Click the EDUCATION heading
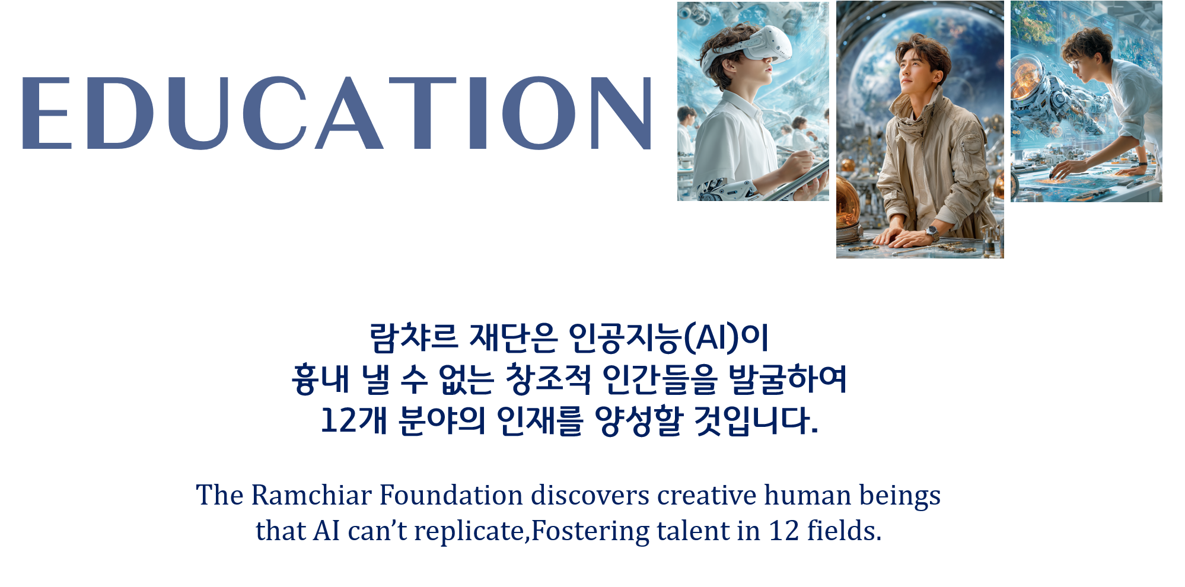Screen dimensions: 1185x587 (337, 113)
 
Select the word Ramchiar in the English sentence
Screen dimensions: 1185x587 (311, 495)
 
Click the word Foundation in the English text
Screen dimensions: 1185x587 (451, 495)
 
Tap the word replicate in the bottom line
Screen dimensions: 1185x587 (469, 532)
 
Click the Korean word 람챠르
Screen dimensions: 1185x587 (414, 337)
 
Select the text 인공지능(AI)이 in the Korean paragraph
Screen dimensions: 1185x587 (668, 338)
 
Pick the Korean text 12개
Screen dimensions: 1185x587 (353, 420)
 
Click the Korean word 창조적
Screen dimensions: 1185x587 (547, 379)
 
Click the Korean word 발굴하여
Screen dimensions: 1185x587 (787, 379)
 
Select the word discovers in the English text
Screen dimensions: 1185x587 (590, 495)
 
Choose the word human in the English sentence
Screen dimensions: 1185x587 (808, 495)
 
